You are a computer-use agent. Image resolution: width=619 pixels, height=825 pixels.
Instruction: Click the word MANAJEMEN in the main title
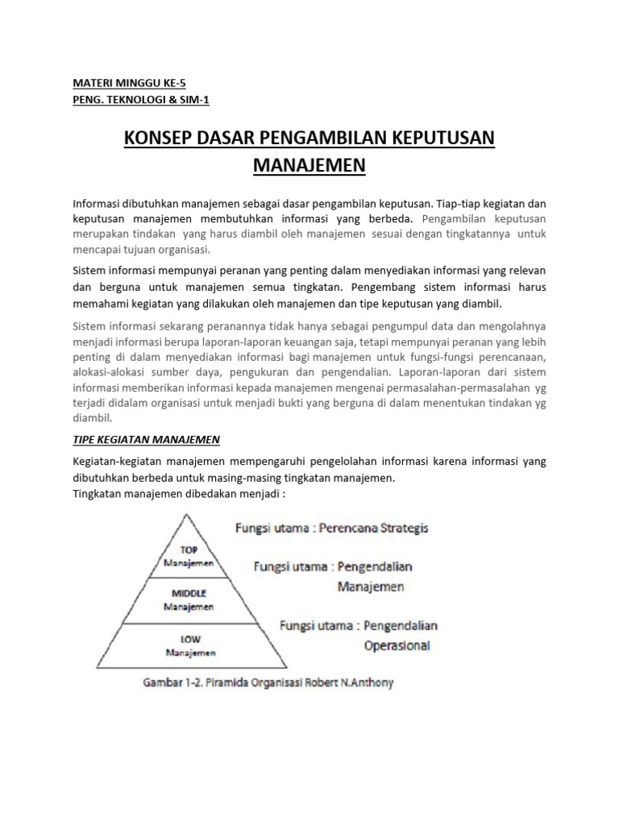click(309, 165)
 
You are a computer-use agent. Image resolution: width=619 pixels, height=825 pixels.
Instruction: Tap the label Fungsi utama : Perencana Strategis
click(331, 529)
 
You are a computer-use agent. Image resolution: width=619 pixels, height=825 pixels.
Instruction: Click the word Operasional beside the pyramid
click(397, 645)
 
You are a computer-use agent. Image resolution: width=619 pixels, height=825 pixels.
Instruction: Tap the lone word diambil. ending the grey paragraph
click(93, 418)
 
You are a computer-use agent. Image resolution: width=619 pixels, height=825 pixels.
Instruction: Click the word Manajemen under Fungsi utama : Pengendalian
click(372, 587)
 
